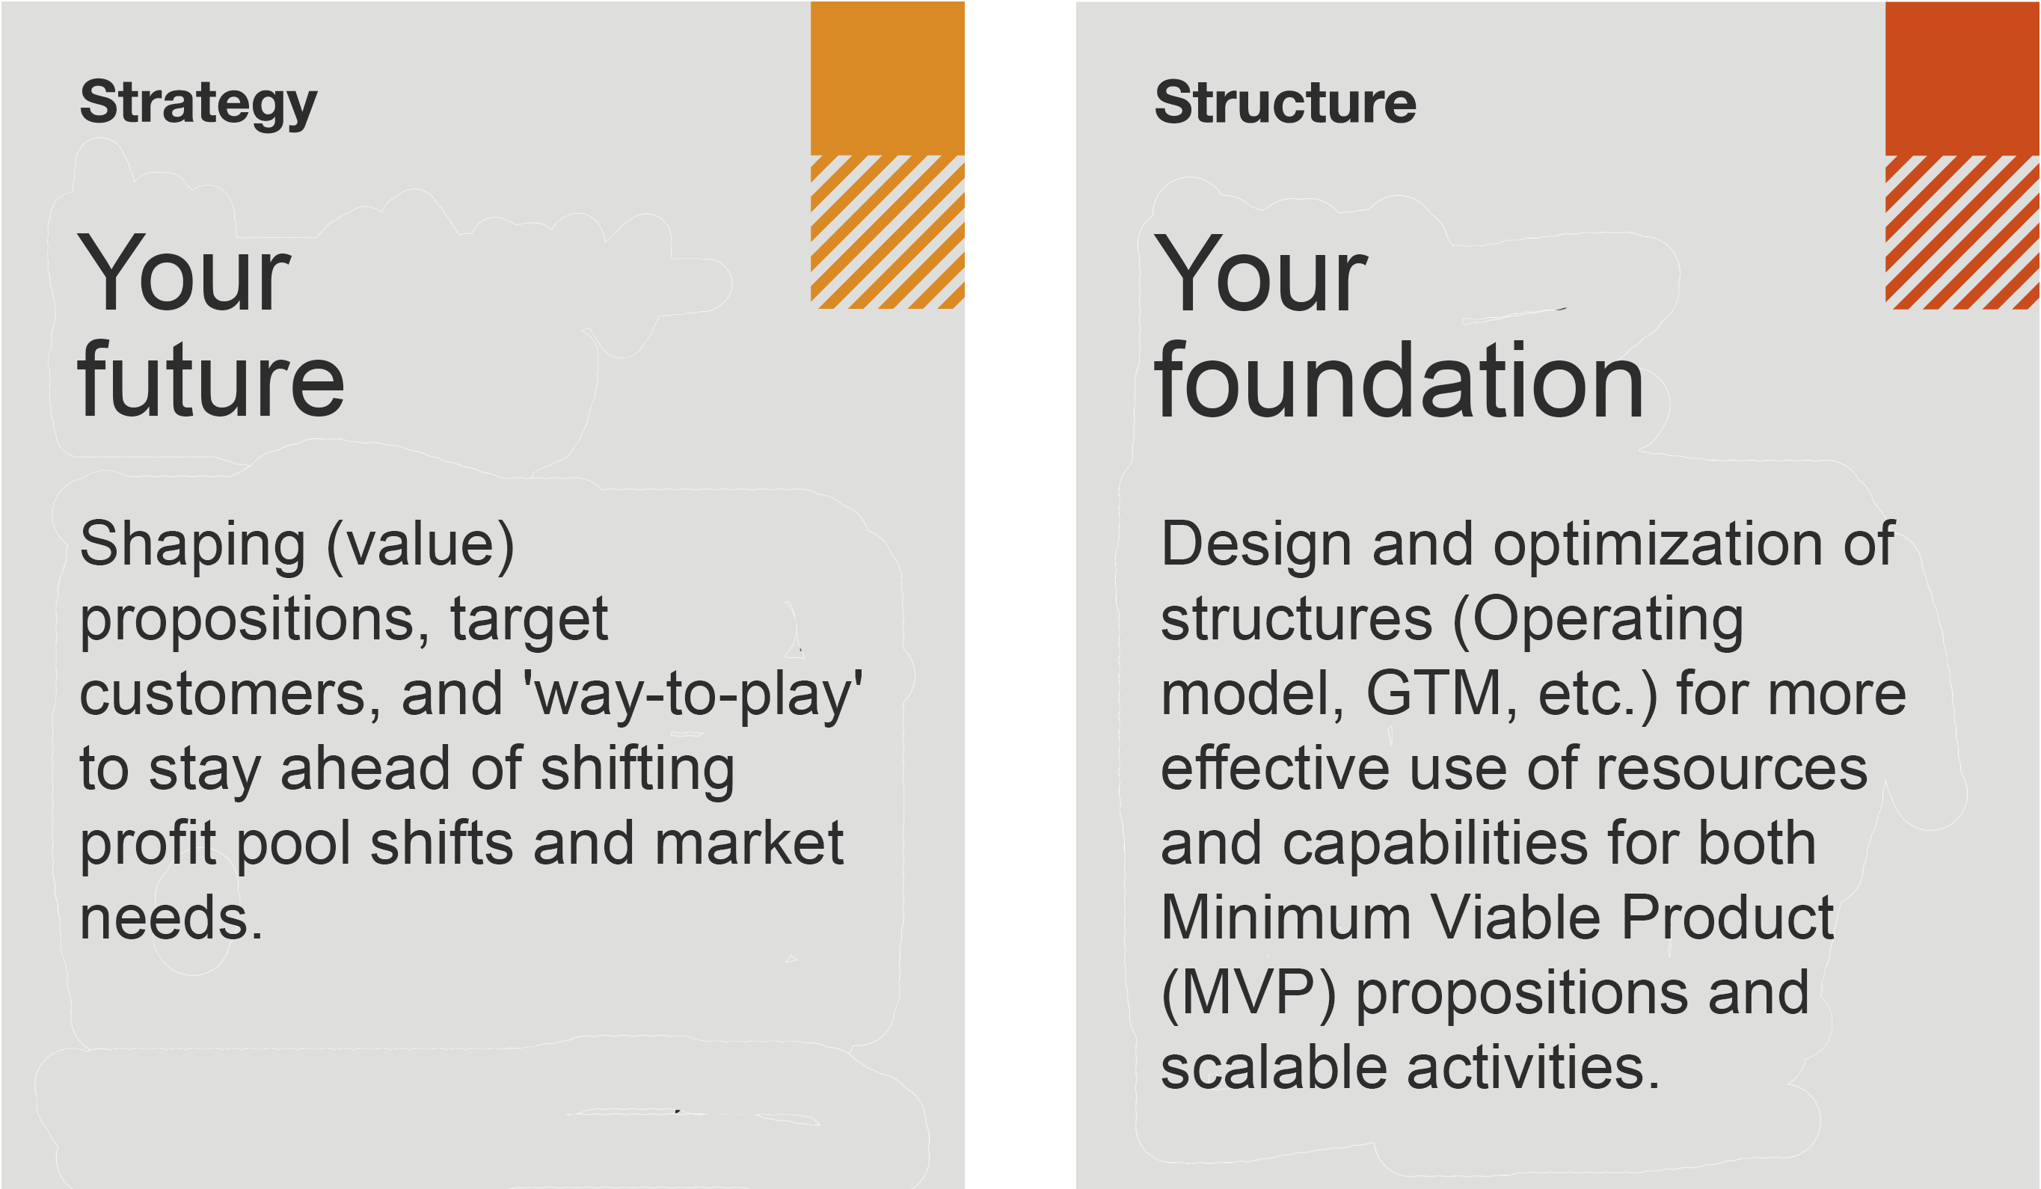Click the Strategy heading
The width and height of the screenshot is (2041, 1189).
point(198,103)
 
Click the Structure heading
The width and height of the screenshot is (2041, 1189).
point(1286,103)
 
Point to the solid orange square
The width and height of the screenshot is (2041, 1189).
point(887,78)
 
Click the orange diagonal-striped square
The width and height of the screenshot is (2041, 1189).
point(887,232)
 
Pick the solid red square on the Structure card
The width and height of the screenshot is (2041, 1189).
point(1962,78)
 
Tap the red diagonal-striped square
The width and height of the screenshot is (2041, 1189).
point(1962,232)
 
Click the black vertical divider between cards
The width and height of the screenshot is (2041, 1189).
point(1019,594)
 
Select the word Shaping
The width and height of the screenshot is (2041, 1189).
point(193,544)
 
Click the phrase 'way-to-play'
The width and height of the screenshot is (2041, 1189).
point(693,694)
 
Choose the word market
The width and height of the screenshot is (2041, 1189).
point(749,844)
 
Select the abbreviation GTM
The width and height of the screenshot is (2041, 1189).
point(1434,694)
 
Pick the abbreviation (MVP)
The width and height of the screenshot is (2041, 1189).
point(1248,993)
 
